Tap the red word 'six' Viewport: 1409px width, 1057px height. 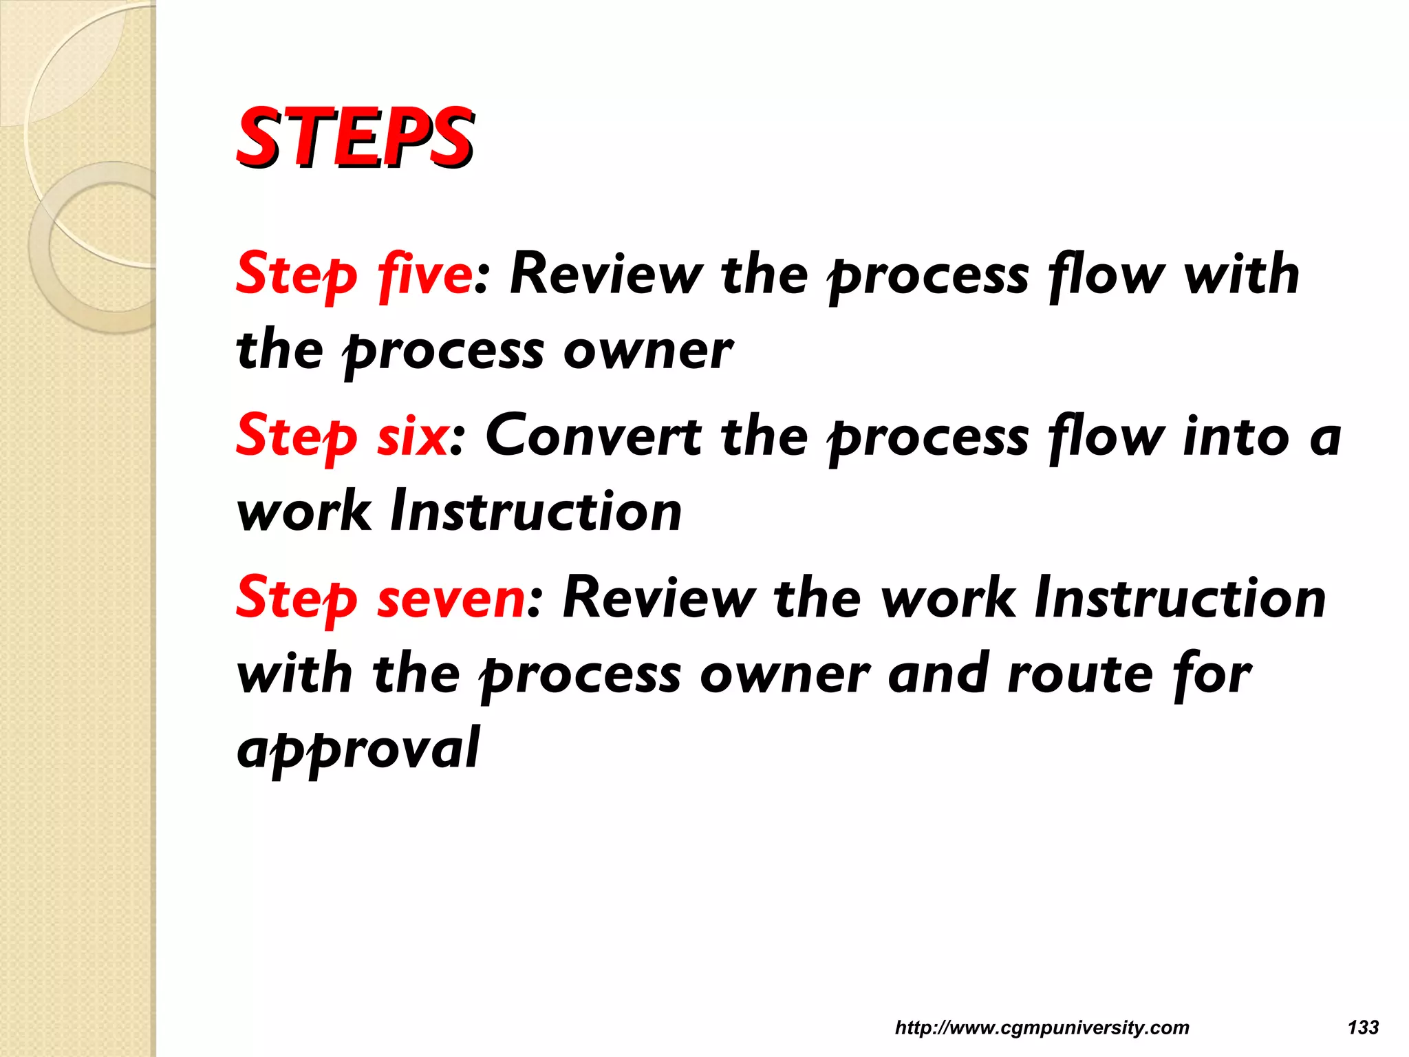coord(412,436)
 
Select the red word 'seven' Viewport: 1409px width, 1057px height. coord(451,598)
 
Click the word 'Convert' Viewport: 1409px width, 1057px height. coord(593,436)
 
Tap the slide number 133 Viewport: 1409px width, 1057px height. coord(1363,1027)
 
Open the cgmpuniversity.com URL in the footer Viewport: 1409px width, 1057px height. coord(1042,1027)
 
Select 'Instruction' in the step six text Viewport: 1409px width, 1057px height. coord(536,512)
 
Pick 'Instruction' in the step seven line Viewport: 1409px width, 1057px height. coord(1181,598)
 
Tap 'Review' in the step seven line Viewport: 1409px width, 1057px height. coord(658,598)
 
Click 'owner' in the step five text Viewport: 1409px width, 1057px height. coord(648,351)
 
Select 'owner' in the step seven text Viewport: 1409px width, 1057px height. coord(785,674)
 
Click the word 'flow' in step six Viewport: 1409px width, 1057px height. coord(1106,436)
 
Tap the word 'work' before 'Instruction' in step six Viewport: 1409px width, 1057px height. coord(303,512)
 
